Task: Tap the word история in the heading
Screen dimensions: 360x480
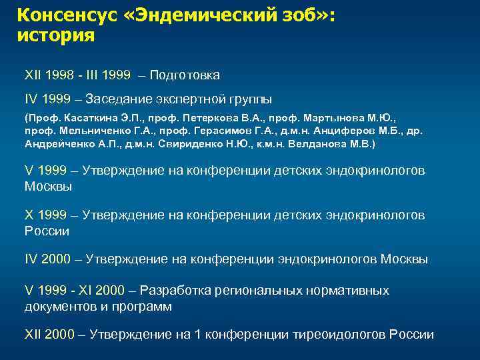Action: [56, 35]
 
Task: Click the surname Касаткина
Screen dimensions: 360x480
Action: [84, 117]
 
